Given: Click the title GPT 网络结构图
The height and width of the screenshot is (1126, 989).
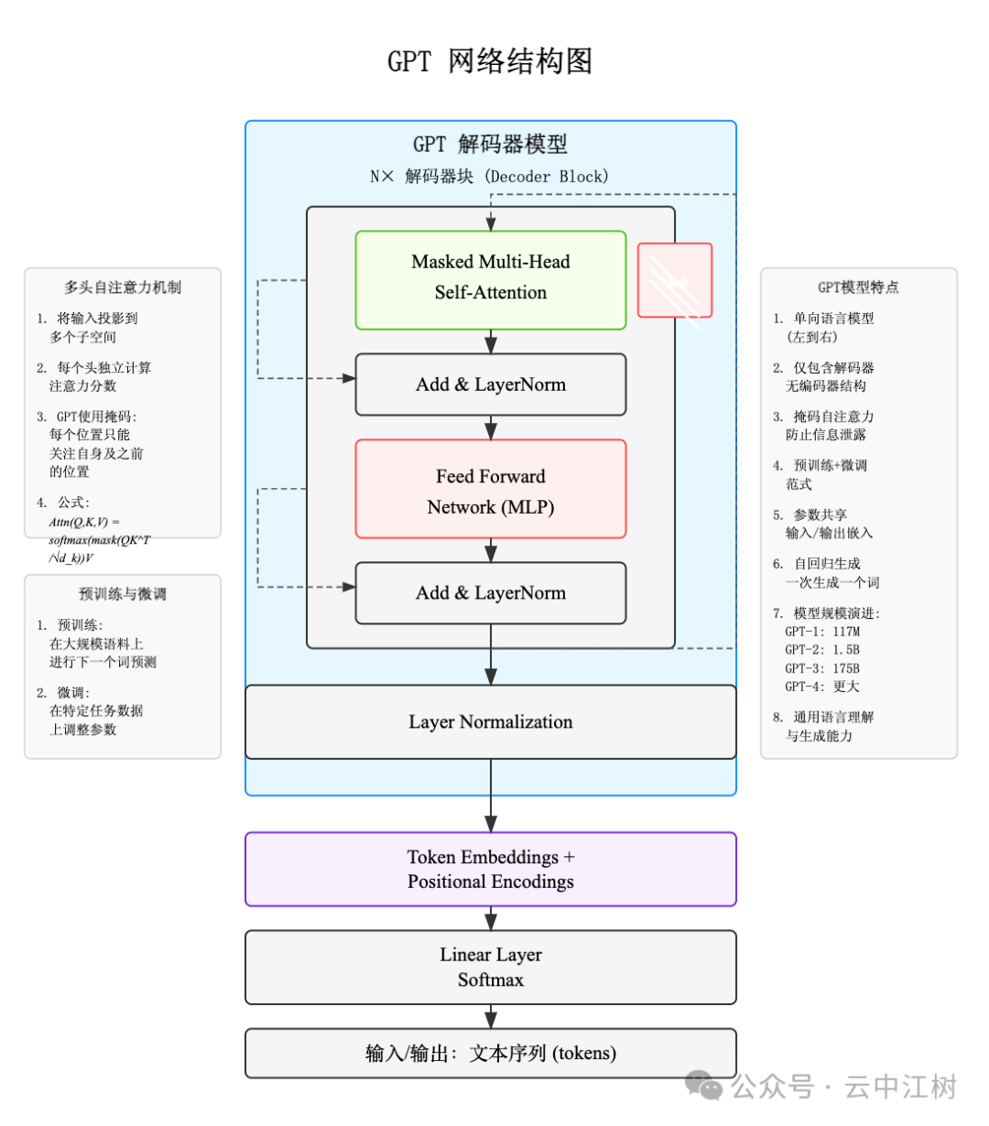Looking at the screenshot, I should (x=490, y=61).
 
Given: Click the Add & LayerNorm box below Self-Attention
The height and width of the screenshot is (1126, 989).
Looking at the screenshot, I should (x=490, y=384).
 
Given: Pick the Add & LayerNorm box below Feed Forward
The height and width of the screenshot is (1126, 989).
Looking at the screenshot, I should (x=490, y=593).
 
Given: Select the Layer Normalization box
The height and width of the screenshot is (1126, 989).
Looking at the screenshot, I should (x=490, y=722).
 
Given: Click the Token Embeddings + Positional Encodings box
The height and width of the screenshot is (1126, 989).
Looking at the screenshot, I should (x=490, y=869).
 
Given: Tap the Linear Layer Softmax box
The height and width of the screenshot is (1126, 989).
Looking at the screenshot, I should (x=490, y=967).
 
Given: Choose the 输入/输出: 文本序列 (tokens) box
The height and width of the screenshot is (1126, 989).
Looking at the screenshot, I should (x=490, y=1053).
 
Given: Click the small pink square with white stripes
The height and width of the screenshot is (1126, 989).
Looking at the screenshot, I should (x=675, y=280).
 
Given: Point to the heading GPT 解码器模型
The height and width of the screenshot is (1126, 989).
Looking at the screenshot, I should (x=490, y=145).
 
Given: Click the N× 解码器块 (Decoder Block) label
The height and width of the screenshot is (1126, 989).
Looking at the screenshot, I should (x=489, y=177).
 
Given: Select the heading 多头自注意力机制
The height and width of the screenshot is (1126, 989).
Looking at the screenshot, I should (x=123, y=287).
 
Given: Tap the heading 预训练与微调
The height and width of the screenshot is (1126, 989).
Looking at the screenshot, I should (x=123, y=594).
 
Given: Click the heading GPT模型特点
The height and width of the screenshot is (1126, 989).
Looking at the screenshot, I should (x=858, y=287).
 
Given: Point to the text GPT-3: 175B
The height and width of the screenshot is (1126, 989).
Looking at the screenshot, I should (x=821, y=668).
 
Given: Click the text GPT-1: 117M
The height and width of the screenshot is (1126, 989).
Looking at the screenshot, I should (x=821, y=632).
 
